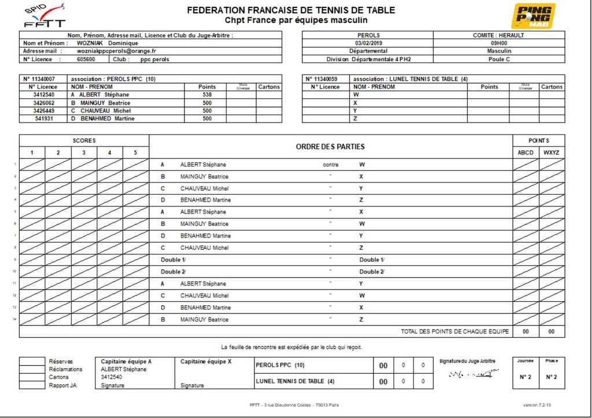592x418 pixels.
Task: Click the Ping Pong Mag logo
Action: pyautogui.click(x=533, y=16)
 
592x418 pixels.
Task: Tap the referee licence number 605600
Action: pyautogui.click(x=86, y=59)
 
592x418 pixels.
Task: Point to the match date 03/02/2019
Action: pyautogui.click(x=368, y=43)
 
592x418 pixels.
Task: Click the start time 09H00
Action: pyautogui.click(x=499, y=43)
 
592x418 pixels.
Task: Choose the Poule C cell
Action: pyautogui.click(x=499, y=59)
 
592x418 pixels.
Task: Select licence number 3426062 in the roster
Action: pyautogui.click(x=44, y=103)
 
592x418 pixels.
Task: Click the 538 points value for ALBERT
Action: pyautogui.click(x=207, y=95)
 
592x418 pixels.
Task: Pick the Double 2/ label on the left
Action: pyautogui.click(x=173, y=272)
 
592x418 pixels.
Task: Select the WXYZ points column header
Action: pyautogui.click(x=552, y=153)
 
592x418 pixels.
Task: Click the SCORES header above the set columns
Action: pyautogui.click(x=84, y=140)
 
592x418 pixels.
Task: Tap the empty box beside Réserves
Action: pyautogui.click(x=32, y=361)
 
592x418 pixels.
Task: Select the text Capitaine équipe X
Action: pyautogui.click(x=206, y=361)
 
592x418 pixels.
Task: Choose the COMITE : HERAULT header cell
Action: pyautogui.click(x=499, y=35)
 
